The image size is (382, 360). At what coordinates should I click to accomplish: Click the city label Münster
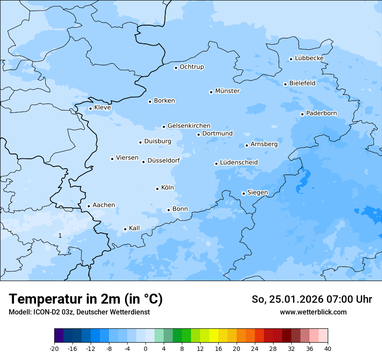click(227, 91)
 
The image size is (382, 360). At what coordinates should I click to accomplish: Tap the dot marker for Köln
click(157, 189)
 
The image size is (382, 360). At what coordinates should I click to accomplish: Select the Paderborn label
click(321, 114)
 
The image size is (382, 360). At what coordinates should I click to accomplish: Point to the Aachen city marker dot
click(89, 206)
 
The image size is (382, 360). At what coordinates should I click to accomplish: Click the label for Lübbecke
click(309, 58)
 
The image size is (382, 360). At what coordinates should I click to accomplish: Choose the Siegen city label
click(257, 193)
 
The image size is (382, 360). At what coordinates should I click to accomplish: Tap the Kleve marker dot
click(90, 108)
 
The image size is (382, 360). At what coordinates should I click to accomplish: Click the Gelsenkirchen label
click(189, 126)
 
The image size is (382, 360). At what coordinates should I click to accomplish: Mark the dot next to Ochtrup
click(176, 67)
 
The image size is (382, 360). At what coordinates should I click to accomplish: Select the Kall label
click(134, 228)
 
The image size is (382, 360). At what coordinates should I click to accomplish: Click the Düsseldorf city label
click(164, 160)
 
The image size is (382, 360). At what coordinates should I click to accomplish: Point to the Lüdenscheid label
click(239, 163)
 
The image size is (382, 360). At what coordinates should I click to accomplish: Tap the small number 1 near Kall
click(60, 236)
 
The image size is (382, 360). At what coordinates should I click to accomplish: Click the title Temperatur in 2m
click(86, 299)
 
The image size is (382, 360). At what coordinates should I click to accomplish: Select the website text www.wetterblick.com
click(313, 312)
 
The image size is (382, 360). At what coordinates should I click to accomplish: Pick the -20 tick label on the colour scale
click(54, 349)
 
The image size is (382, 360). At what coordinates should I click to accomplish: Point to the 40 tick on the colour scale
click(328, 349)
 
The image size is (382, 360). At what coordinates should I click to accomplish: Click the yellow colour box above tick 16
click(214, 336)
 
